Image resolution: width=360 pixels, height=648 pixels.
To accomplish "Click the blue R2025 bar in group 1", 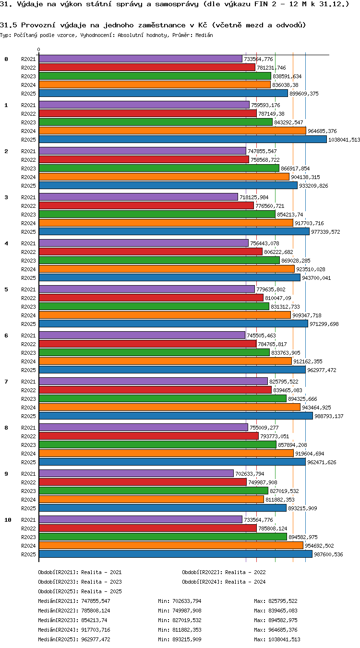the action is [182, 139].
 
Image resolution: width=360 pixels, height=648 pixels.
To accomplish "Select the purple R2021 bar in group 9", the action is [136, 473].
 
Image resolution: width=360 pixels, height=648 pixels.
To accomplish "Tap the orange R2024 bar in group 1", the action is [172, 131].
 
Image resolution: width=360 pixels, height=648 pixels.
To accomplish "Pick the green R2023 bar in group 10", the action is [163, 537].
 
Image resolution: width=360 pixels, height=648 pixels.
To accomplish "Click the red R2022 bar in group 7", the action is [155, 390].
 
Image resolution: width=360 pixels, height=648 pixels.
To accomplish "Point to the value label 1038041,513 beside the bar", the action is [344, 140].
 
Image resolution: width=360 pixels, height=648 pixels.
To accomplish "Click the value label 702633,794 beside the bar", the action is [250, 474].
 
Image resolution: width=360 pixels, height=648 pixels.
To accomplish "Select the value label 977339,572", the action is [325, 232].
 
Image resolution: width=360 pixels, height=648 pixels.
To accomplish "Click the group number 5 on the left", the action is [6, 289].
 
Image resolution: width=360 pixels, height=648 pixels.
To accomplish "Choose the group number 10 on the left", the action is [8, 520].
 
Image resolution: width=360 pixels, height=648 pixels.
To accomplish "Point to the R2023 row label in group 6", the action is [28, 353].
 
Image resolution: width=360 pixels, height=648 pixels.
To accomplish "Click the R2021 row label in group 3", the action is [28, 197].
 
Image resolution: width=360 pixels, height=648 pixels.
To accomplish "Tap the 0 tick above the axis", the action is [39, 50].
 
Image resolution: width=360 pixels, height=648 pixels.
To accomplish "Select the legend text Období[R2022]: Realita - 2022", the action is [224, 572].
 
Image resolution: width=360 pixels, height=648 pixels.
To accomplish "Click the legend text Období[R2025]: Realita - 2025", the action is [80, 591].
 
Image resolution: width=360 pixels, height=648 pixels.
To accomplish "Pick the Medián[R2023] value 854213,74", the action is [96, 620].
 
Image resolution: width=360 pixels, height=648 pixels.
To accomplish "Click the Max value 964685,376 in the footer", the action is [283, 630].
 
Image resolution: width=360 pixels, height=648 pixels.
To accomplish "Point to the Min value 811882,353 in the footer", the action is [187, 630].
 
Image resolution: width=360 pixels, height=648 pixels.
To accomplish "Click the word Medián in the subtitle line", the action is [204, 36].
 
